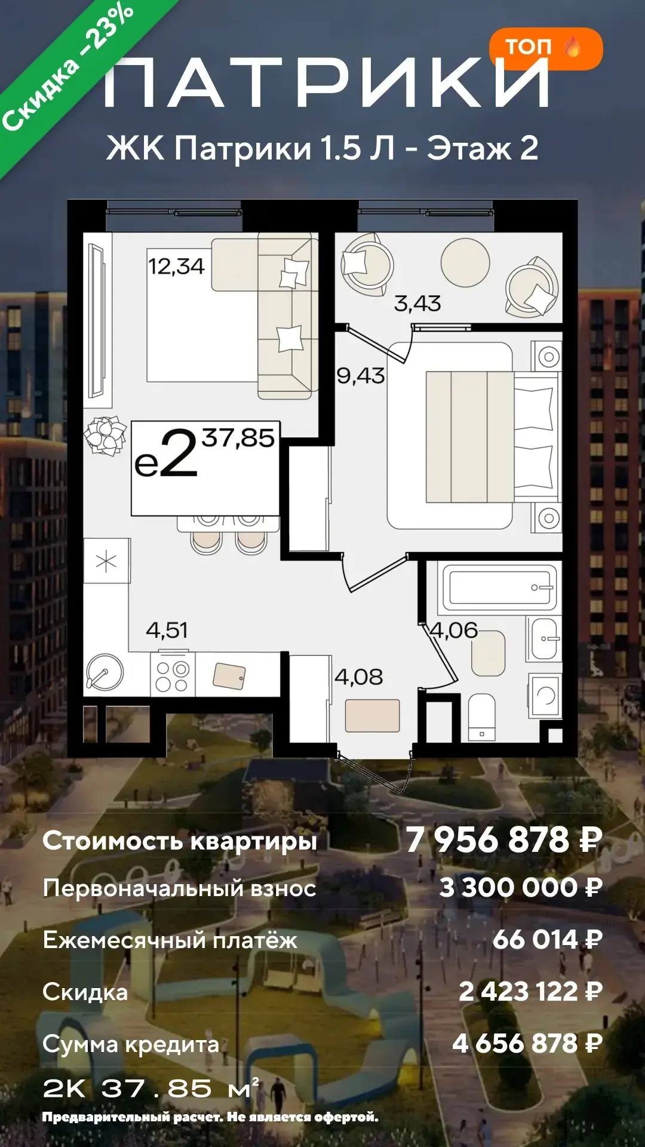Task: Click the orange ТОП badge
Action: (x=546, y=48)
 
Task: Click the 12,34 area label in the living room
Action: (x=176, y=266)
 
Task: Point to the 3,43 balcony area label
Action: (x=417, y=303)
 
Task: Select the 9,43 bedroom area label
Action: (x=361, y=376)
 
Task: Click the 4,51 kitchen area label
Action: (x=167, y=630)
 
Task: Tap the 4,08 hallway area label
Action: (x=359, y=677)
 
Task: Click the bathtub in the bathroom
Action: (x=500, y=588)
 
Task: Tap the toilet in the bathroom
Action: (x=481, y=717)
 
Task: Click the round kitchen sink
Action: (x=105, y=673)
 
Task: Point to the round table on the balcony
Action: (x=465, y=262)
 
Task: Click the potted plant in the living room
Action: (x=105, y=436)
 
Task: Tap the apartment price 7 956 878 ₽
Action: (x=504, y=839)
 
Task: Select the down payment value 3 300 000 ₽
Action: (x=521, y=888)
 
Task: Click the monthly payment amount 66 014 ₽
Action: (x=547, y=940)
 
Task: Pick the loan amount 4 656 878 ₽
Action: (x=527, y=1044)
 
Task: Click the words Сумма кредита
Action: (x=131, y=1045)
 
